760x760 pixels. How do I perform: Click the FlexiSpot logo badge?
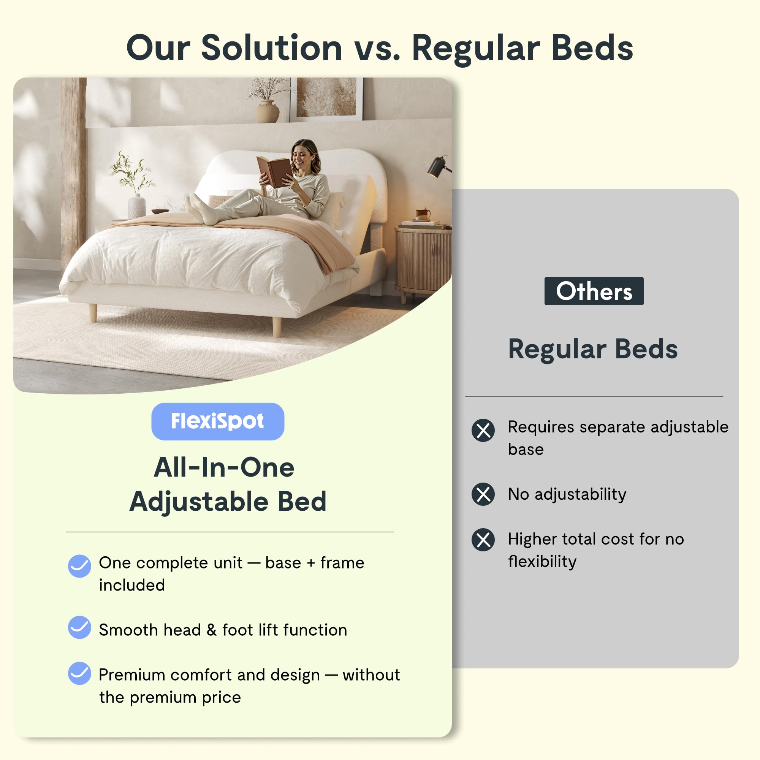tap(217, 421)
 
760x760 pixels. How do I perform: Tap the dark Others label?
tap(594, 291)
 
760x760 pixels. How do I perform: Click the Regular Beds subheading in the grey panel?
tap(593, 349)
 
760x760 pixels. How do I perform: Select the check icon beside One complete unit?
tap(79, 566)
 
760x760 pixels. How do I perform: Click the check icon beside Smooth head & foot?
tap(79, 627)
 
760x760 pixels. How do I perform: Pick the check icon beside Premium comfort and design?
tap(79, 673)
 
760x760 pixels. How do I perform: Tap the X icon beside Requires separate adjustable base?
tap(483, 431)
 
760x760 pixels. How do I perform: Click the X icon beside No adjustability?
tap(483, 494)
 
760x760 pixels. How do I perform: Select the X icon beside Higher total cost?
tap(483, 540)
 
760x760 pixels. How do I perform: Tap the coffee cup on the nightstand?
tap(423, 214)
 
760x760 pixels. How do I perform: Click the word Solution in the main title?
tap(271, 48)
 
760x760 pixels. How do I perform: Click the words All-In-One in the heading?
tap(224, 468)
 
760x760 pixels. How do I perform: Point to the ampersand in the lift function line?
tap(212, 630)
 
